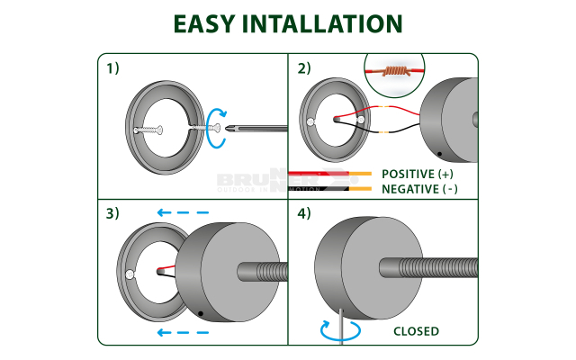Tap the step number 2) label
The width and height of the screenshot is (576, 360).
coord(304,68)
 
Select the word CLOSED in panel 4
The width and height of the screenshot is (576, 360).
coord(416,331)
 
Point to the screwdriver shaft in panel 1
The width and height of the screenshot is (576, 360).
coord(261,130)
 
